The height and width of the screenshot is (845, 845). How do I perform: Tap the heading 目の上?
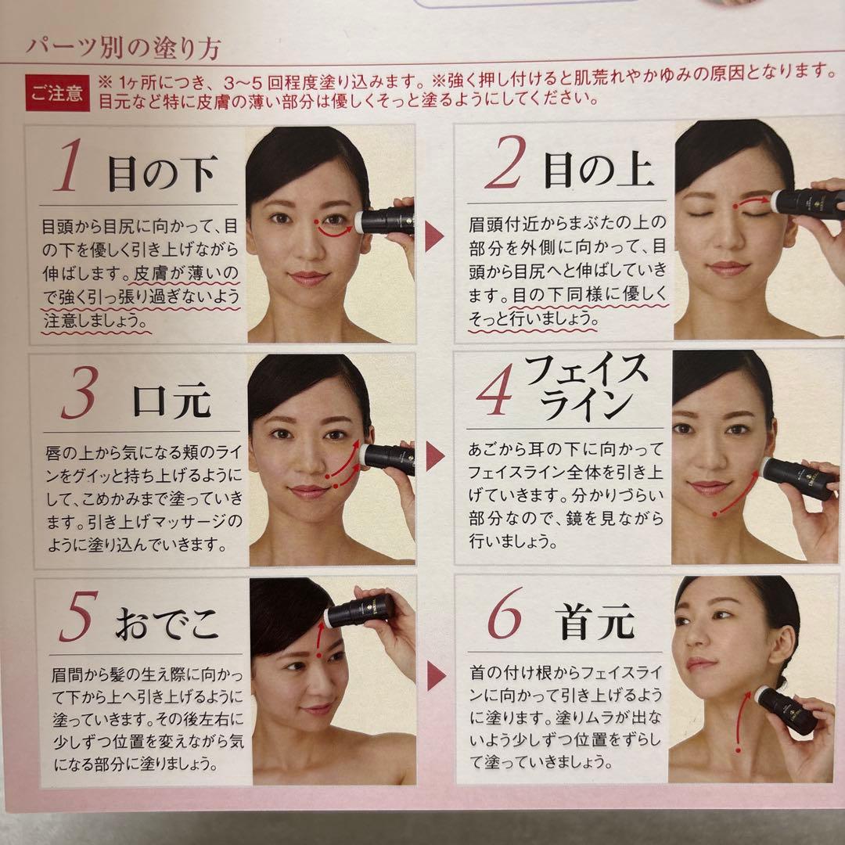coord(599,167)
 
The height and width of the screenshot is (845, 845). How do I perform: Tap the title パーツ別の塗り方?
coord(123,49)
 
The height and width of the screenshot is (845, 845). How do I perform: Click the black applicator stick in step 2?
coord(806,201)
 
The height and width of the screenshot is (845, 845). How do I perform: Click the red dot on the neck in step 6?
coord(738,750)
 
